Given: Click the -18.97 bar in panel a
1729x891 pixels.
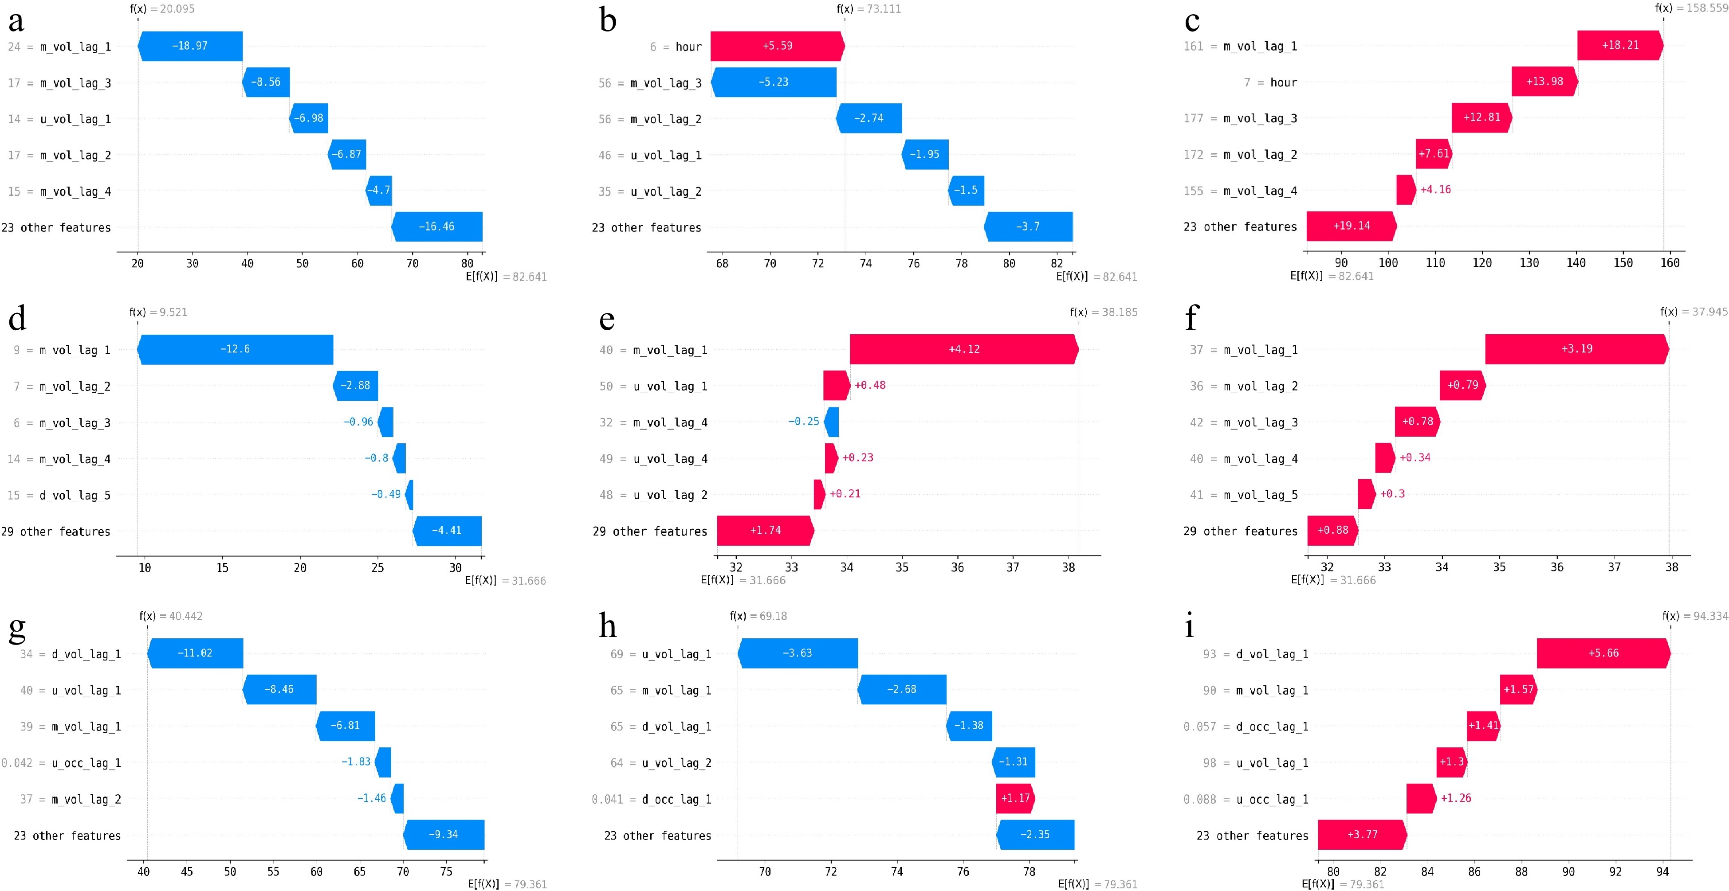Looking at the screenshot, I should click(190, 46).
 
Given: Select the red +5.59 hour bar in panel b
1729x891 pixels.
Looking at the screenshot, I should click(777, 46).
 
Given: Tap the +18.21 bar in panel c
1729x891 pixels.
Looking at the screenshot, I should click(1619, 45).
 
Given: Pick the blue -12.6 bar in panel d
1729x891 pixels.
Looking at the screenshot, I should click(235, 349).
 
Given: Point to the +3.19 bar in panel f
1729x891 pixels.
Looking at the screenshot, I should click(1576, 349).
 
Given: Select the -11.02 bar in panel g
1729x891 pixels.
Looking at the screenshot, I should click(195, 653).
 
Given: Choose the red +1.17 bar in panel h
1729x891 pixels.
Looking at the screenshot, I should click(1015, 798).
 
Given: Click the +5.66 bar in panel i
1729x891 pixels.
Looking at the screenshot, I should click(1603, 653).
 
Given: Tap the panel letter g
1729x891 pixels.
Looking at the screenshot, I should click(17, 627).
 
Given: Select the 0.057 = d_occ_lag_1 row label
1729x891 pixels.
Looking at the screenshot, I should click(1245, 727).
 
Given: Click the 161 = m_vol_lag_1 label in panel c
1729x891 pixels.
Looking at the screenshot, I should click(1240, 46).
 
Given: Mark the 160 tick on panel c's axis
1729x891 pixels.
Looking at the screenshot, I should click(1669, 263).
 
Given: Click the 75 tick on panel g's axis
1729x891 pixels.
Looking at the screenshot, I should click(446, 871).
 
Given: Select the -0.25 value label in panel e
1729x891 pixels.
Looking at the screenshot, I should click(803, 422).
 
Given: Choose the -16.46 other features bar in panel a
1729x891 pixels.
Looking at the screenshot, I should click(436, 226).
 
